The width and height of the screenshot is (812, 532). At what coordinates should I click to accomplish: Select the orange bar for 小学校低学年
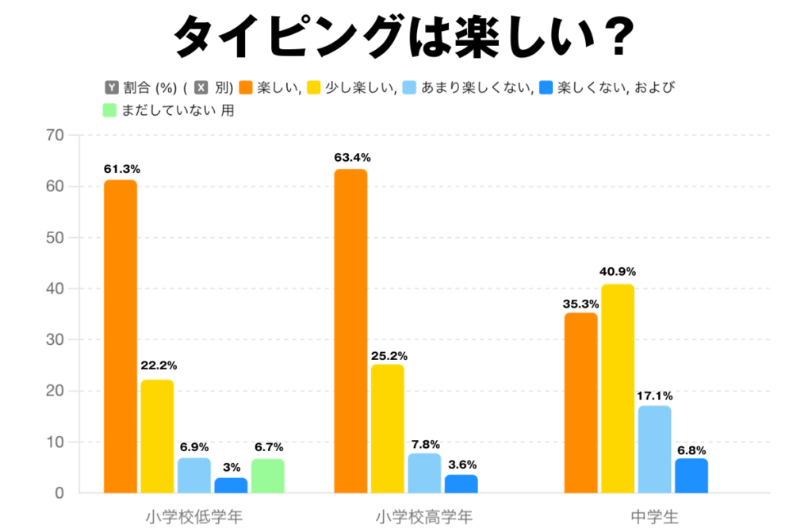click(121, 336)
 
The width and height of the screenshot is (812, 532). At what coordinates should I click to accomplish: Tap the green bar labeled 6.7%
click(268, 476)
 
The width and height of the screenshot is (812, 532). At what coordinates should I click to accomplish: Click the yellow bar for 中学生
click(618, 388)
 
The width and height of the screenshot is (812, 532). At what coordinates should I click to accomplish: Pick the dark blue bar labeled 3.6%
click(462, 484)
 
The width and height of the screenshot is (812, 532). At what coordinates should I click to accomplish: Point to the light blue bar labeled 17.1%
click(654, 449)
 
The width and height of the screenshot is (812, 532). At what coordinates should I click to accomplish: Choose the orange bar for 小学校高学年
click(350, 331)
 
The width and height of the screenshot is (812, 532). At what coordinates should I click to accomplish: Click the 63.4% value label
click(352, 158)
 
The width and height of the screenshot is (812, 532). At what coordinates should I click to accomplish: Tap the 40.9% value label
click(618, 272)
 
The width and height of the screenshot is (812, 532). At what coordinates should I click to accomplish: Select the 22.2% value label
click(158, 366)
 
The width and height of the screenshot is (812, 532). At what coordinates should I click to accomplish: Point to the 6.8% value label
click(691, 446)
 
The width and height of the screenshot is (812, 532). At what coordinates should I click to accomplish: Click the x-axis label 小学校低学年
click(194, 517)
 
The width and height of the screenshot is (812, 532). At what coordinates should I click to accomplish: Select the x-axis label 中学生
click(655, 517)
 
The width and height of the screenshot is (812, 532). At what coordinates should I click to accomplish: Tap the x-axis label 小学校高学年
click(424, 517)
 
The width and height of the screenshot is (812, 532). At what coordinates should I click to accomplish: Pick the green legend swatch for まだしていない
click(111, 110)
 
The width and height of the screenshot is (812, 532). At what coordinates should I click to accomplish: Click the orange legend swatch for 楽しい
click(246, 87)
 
